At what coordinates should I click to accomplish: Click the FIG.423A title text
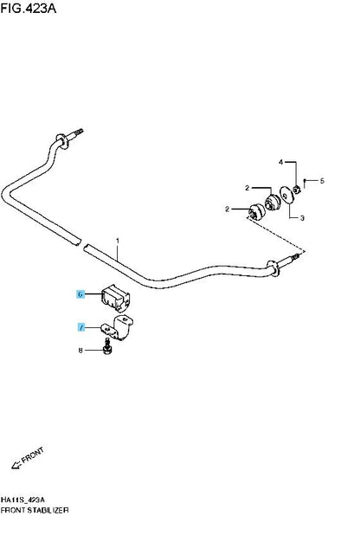pos(28,8)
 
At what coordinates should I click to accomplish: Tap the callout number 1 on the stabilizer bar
pos(118,241)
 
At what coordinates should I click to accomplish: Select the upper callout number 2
pos(247,188)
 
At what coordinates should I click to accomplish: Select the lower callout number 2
pos(228,210)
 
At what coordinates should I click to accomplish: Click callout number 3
pos(302,218)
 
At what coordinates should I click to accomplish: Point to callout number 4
pos(280,162)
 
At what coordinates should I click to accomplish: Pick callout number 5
pos(322,181)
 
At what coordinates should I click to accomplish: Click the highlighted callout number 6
pos(80,294)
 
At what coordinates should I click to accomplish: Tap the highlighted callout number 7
pos(81,327)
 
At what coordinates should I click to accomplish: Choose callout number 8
pos(80,351)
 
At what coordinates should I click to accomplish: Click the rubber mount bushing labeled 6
pos(116,298)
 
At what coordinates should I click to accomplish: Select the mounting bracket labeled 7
pos(118,327)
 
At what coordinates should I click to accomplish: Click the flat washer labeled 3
pos(286,195)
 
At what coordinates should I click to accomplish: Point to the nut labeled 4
pos(297,190)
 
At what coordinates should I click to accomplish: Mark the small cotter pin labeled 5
pos(305,183)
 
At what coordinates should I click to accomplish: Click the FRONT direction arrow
pos(16,465)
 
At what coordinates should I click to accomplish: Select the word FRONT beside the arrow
pos(33,455)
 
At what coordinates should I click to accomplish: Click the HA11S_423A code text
pos(22,500)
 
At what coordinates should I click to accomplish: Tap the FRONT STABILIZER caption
pos(35,510)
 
